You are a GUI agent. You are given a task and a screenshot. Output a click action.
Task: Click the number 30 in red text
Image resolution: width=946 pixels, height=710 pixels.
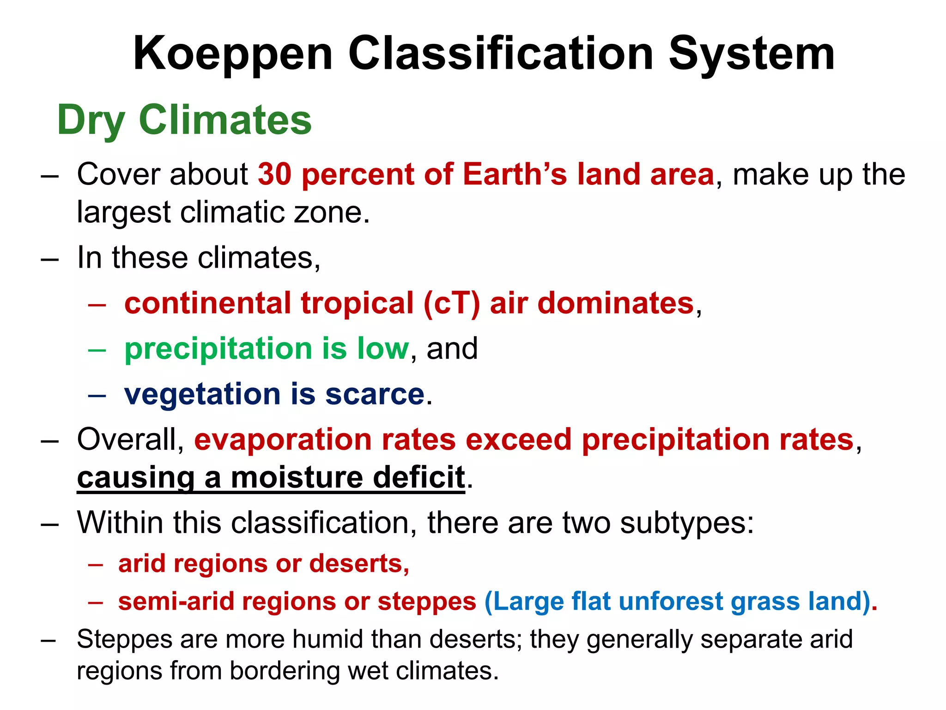pos(274,174)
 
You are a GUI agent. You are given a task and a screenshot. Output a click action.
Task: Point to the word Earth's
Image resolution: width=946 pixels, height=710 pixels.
pos(515,174)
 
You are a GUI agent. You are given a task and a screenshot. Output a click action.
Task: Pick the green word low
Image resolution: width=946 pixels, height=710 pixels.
pos(383,349)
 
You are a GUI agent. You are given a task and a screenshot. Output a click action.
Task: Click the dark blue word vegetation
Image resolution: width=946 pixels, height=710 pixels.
pos(202,395)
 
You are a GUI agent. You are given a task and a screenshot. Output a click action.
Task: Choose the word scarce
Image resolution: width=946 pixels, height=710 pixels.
pos(375,395)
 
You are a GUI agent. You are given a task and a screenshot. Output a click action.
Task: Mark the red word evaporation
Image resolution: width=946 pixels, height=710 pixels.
pos(283,440)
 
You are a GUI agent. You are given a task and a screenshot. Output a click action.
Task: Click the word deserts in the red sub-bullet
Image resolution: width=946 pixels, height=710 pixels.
pos(359,564)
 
